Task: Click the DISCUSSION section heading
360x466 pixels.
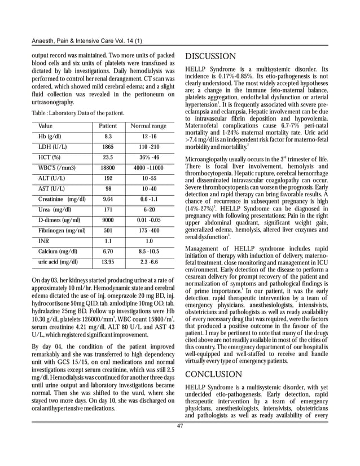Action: pyautogui.click(x=210, y=56)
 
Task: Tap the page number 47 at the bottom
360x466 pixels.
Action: pyautogui.click(x=180, y=425)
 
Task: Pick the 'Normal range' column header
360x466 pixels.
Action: pyautogui.click(x=148, y=125)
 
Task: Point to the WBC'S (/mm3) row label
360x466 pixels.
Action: pyautogui.click(x=57, y=168)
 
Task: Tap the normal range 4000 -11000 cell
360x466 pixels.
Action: pyautogui.click(x=148, y=168)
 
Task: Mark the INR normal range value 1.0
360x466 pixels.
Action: pyautogui.click(x=148, y=241)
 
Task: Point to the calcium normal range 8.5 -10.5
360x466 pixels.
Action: pyautogui.click(x=148, y=251)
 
